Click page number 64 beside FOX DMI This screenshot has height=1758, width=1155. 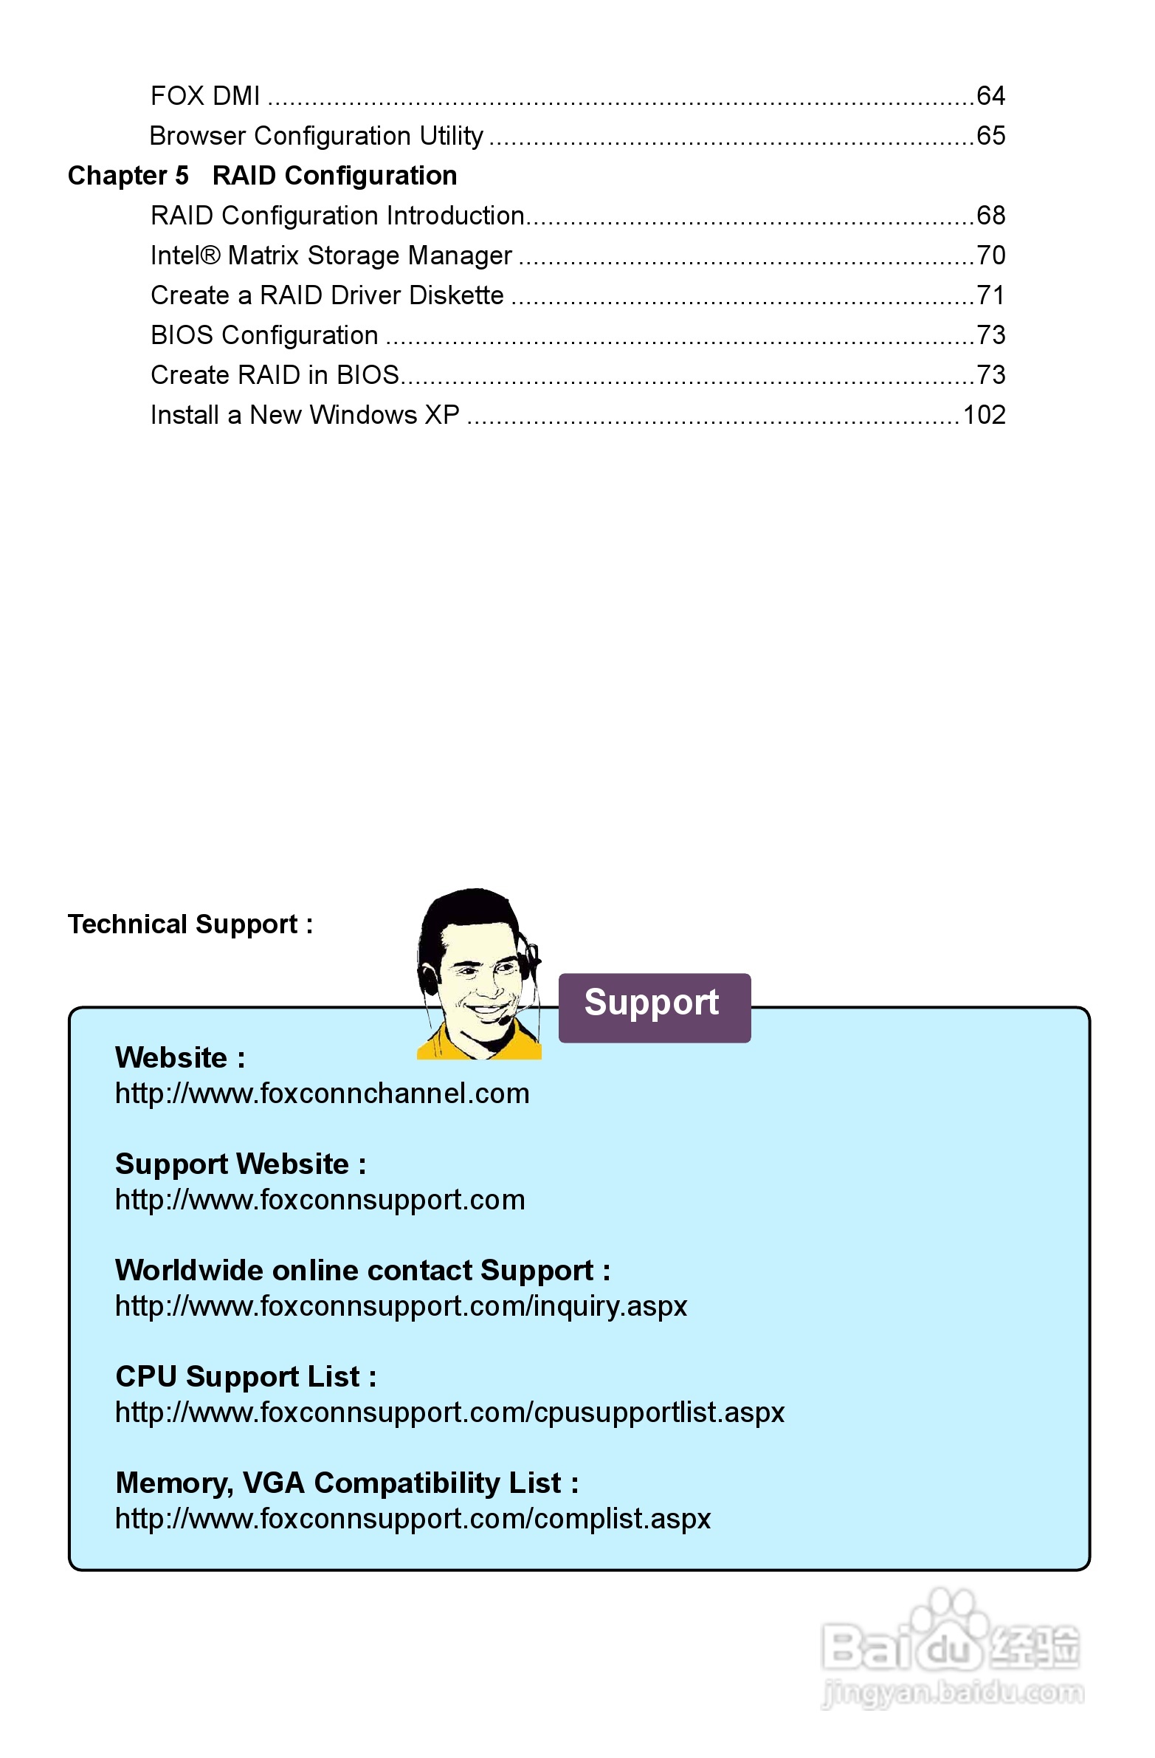[990, 96]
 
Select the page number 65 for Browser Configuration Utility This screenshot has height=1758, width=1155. [990, 136]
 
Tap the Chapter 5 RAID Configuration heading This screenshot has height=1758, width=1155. [262, 176]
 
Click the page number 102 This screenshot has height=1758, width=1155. [984, 415]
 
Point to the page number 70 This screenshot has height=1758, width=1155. [990, 255]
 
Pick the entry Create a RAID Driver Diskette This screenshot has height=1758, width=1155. [327, 295]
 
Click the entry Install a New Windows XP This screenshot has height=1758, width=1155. [305, 415]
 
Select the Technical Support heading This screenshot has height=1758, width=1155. [190, 924]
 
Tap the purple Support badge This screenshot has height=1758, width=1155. [655, 1007]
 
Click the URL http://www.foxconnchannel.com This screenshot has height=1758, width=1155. [322, 1093]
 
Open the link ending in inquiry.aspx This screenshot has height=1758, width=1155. [401, 1306]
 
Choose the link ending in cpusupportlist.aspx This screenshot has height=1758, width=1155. [449, 1412]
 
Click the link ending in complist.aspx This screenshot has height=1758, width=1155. [413, 1519]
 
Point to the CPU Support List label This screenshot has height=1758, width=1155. [246, 1377]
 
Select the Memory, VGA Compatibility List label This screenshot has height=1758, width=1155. [347, 1483]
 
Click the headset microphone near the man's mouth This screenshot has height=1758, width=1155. [503, 1020]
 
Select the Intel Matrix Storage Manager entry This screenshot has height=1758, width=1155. [331, 255]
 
